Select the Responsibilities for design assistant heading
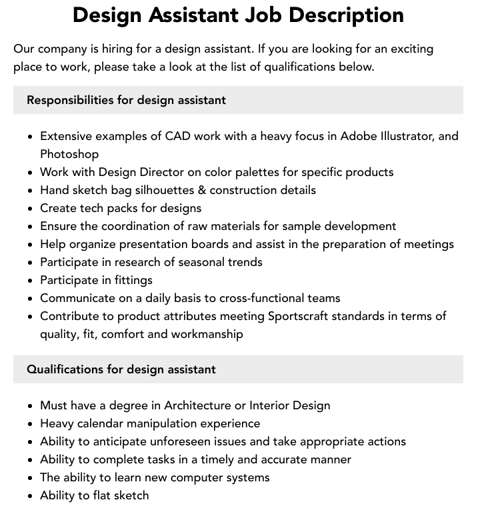pos(126,100)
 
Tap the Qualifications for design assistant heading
pos(121,369)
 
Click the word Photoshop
pos(69,154)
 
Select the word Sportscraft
pos(301,316)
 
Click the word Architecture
pos(203,405)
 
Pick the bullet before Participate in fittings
pos(30,281)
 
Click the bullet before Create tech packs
pos(30,209)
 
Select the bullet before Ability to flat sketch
pos(30,496)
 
